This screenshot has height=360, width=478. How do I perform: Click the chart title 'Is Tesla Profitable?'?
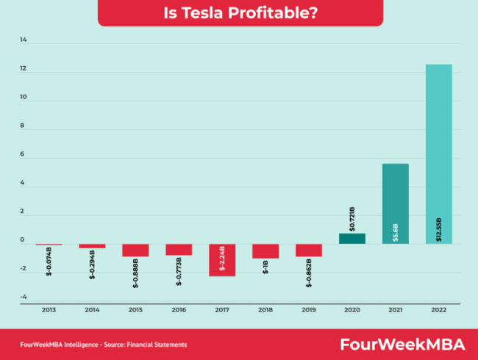240,12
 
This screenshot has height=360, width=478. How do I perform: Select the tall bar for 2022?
439,154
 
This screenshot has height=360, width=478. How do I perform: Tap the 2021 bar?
396,204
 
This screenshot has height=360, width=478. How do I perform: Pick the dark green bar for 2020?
352,239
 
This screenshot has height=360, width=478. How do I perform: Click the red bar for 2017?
222,260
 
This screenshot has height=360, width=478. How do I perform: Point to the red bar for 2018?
265,251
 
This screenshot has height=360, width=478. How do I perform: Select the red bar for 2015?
135,251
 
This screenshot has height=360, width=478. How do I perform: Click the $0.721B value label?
352,219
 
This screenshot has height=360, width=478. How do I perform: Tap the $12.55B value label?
439,230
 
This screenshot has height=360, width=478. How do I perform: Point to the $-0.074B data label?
49,262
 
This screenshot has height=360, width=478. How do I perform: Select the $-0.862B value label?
309,273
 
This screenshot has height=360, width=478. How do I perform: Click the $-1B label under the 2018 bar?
265,267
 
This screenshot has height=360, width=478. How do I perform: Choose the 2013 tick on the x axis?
49,310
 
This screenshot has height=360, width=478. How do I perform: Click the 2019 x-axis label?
309,310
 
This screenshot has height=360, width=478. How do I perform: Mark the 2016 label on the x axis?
179,310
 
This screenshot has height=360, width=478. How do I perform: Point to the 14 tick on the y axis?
24,40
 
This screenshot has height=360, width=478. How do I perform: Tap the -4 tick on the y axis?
24,297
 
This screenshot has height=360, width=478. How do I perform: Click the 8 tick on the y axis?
22,125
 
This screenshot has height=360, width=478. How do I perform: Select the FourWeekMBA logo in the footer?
403,345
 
